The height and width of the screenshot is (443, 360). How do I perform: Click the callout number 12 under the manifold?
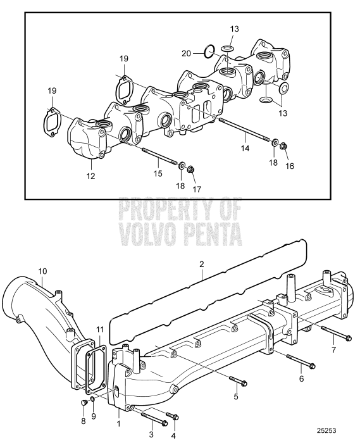coord(91,177)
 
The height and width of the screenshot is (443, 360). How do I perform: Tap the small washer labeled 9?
coord(93,399)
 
